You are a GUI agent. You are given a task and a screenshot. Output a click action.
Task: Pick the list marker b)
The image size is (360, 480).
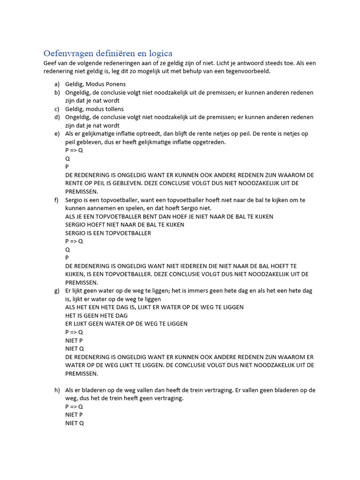[x=57, y=92]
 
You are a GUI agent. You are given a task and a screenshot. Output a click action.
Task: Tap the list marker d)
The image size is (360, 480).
[x=57, y=117]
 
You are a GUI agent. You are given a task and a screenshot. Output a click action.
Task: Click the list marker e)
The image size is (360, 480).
[x=57, y=134]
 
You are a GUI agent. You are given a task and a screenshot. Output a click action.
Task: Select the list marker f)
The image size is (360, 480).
[x=57, y=200]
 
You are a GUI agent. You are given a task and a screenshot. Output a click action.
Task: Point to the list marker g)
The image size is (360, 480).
[x=57, y=291]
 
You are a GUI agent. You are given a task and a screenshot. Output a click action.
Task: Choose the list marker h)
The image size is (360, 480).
[x=57, y=390]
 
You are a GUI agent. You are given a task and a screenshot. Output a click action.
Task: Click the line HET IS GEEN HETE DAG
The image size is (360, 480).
[x=96, y=315]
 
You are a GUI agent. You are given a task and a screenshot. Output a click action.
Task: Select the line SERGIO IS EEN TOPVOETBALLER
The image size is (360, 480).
[x=108, y=233]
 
